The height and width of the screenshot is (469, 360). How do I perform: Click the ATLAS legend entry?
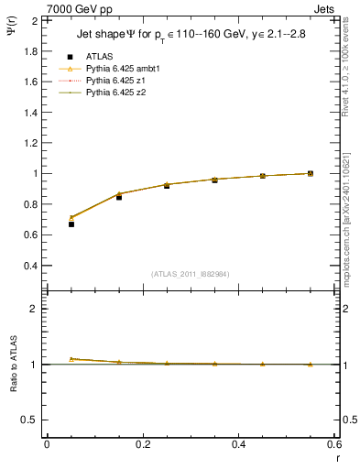click(x=98, y=55)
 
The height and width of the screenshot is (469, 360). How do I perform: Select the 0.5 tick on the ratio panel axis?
click(x=30, y=420)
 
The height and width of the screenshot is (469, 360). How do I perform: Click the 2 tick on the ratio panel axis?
click(x=35, y=309)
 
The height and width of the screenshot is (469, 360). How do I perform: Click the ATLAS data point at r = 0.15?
click(x=119, y=197)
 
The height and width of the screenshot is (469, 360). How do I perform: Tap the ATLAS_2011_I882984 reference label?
click(x=191, y=274)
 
